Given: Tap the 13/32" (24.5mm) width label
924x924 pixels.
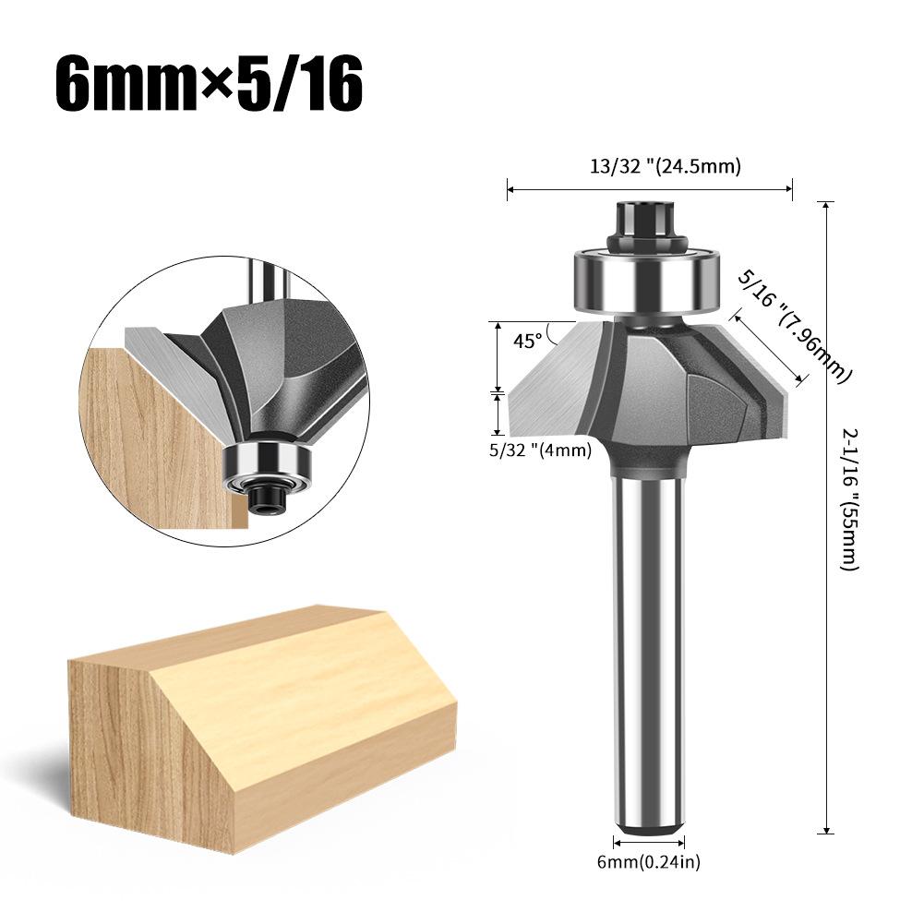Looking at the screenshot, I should point(651,167).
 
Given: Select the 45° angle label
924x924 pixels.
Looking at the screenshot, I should point(528,341).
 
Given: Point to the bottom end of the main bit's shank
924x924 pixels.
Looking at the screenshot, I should point(649,826).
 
